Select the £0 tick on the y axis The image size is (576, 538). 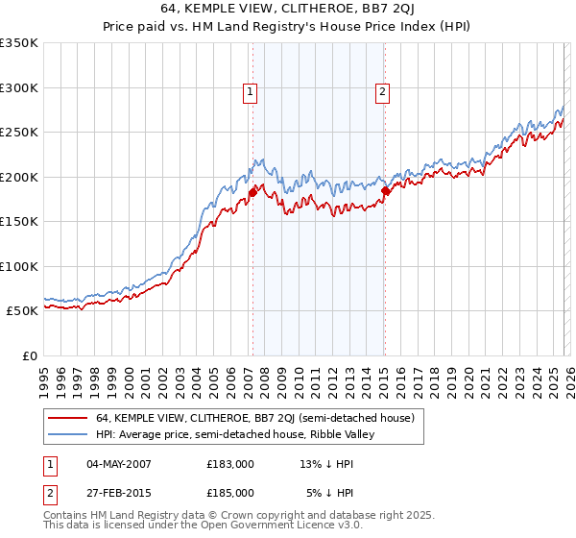(x=29, y=355)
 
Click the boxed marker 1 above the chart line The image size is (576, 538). (x=251, y=92)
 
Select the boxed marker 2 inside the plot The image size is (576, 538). (x=382, y=92)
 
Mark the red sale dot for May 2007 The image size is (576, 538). (x=252, y=192)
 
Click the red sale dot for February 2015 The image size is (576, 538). (x=385, y=190)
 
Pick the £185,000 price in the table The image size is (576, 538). (x=230, y=492)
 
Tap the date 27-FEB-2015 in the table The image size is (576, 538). (x=118, y=492)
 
